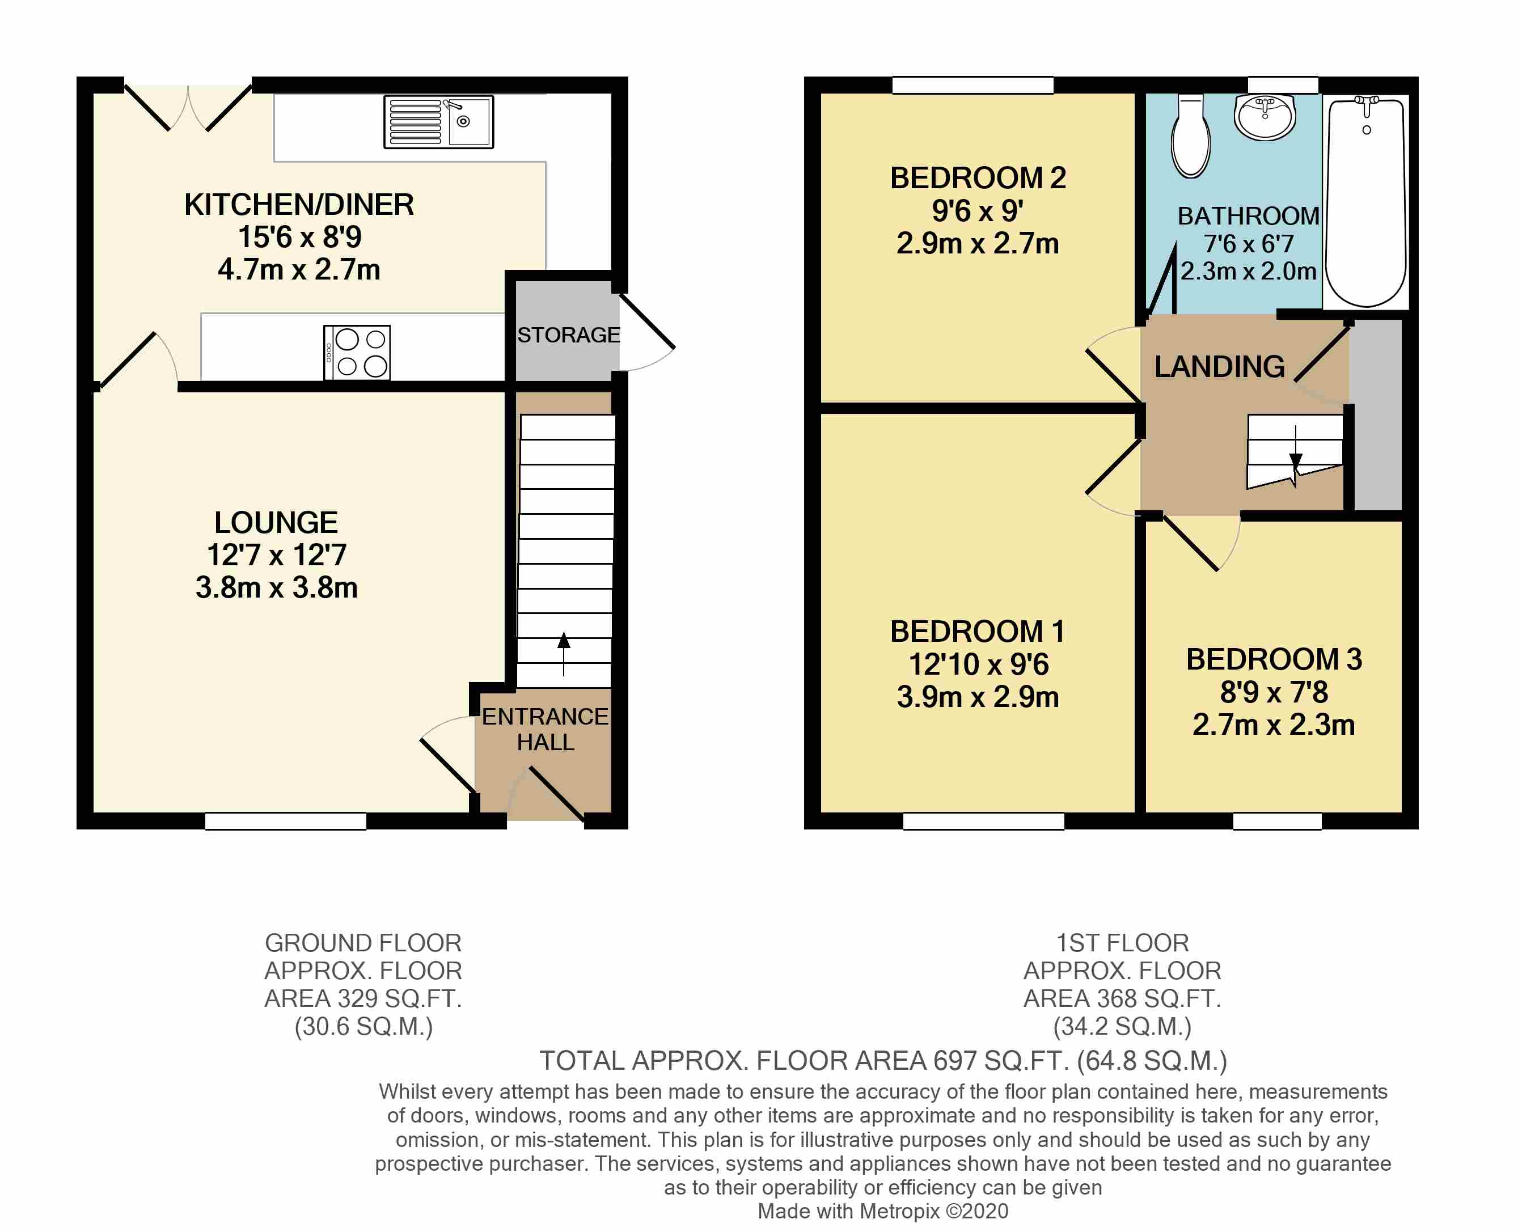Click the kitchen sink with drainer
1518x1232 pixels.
coord(438,122)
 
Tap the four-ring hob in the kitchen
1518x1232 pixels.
coord(356,353)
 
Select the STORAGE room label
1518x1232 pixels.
coord(568,335)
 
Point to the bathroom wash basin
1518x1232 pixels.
coord(1265,116)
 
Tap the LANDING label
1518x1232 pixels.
coord(1219,366)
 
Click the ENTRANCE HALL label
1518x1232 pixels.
coord(545,729)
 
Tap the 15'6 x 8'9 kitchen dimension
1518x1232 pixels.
coord(299,237)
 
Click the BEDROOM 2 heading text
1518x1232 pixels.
coord(978,178)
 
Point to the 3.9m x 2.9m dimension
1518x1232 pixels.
coord(978,697)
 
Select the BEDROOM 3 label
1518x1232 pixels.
coord(1274,659)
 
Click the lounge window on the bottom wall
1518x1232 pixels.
coord(286,821)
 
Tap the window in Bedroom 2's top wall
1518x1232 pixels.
coord(972,85)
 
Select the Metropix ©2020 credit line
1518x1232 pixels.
coord(883,1210)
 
